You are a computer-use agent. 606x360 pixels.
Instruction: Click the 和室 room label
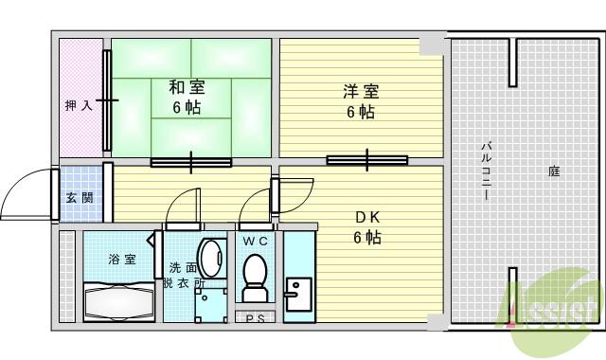(187, 87)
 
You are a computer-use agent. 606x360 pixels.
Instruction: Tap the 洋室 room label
(361, 92)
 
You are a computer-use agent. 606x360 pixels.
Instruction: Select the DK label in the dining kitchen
(367, 216)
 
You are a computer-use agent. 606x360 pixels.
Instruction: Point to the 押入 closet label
(79, 105)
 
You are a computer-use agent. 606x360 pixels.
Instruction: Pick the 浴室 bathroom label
(120, 259)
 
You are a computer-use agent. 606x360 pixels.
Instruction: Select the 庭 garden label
(554, 171)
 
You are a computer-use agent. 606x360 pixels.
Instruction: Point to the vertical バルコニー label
(485, 171)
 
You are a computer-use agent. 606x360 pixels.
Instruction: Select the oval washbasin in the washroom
(214, 258)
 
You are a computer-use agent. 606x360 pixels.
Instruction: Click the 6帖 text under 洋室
(360, 113)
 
